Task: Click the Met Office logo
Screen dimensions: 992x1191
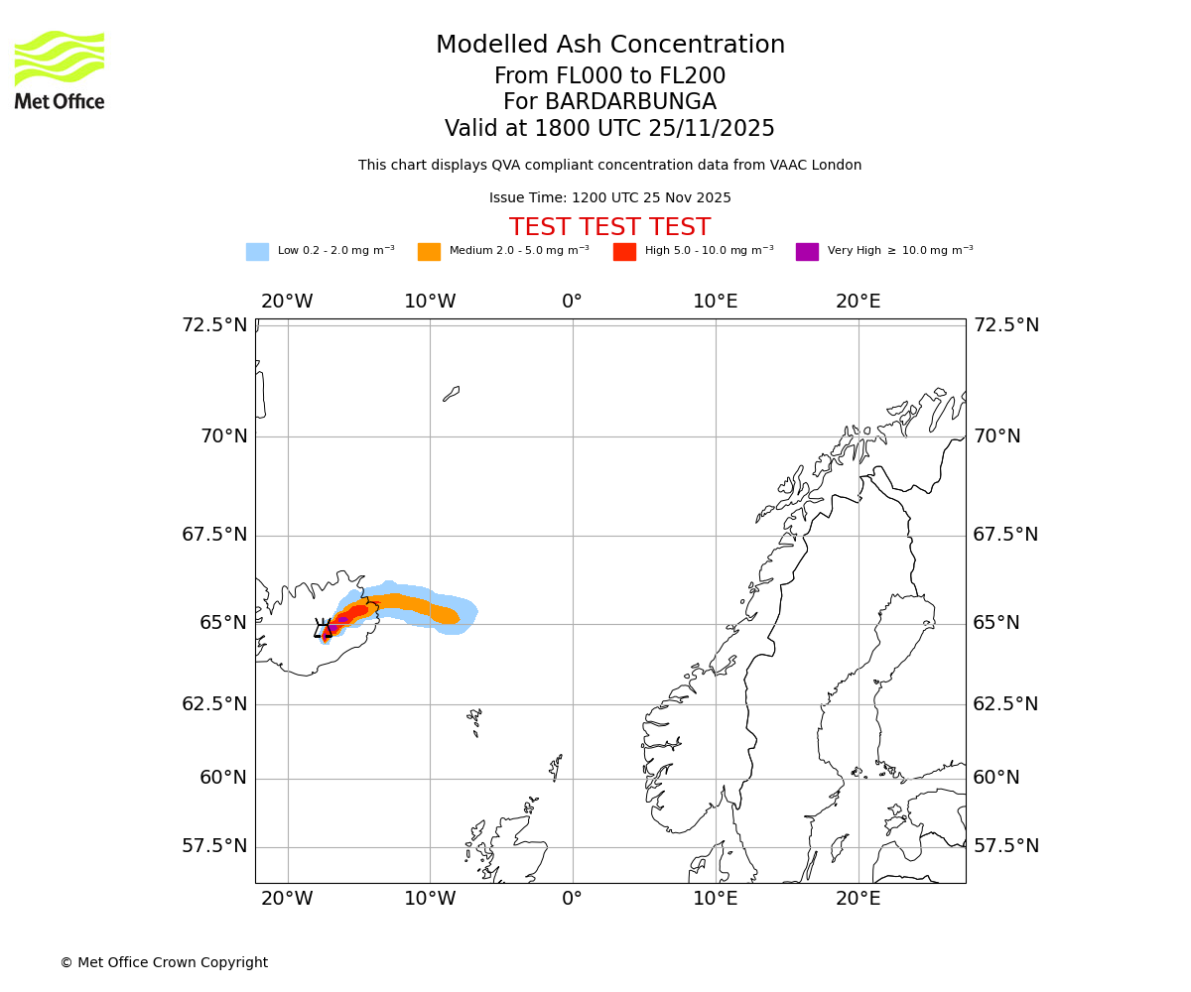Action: (x=60, y=69)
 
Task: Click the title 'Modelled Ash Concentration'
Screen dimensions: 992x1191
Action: (x=609, y=46)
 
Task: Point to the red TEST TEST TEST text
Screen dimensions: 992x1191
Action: (x=609, y=228)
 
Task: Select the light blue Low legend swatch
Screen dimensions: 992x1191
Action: (x=257, y=252)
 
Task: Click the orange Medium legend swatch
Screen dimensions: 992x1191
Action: (x=429, y=252)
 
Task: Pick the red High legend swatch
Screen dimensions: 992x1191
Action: (x=624, y=252)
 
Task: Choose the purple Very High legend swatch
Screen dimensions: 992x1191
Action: (x=807, y=252)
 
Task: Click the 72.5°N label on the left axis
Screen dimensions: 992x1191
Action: (x=214, y=325)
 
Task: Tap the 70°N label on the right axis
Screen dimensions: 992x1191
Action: (x=996, y=436)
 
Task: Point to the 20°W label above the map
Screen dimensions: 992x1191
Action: (x=287, y=302)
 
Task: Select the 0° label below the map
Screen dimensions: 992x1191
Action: (x=573, y=899)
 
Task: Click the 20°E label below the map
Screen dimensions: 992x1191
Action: (x=858, y=899)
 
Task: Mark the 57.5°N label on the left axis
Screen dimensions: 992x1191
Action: (x=214, y=846)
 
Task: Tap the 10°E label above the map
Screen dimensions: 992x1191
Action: (x=715, y=302)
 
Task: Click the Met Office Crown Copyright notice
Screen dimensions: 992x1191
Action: (x=164, y=963)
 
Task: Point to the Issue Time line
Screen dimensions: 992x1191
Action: (x=609, y=198)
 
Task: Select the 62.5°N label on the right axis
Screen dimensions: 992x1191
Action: (x=1005, y=704)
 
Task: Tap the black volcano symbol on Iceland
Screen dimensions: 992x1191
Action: (x=324, y=629)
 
